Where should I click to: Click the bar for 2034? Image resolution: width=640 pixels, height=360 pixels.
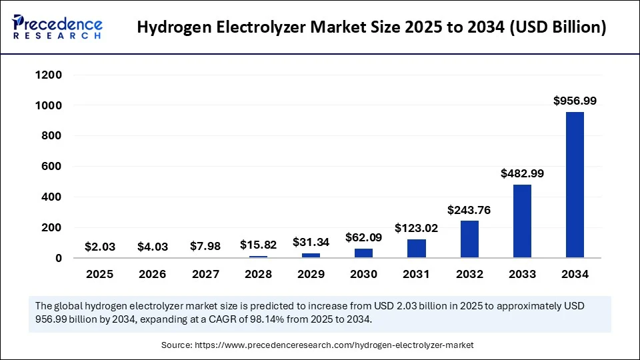[575, 185]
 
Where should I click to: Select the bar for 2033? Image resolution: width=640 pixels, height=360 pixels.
[522, 221]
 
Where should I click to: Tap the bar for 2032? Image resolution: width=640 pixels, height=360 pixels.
[469, 239]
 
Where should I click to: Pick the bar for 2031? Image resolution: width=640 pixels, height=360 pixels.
[417, 248]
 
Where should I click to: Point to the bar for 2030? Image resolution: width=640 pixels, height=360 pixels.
[363, 253]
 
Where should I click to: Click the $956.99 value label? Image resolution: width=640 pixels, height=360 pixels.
[575, 101]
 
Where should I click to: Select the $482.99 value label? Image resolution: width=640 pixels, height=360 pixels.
[522, 173]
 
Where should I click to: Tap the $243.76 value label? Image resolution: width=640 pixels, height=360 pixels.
[469, 209]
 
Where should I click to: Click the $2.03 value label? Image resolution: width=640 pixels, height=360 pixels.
[100, 247]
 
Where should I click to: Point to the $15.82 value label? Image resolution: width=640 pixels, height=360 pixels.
[258, 245]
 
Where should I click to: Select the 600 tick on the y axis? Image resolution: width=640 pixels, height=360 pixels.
[51, 167]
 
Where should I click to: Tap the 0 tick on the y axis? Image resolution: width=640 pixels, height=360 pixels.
[59, 258]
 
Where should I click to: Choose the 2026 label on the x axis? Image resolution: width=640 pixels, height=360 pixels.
[153, 274]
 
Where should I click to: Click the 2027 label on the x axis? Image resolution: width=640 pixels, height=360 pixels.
[205, 274]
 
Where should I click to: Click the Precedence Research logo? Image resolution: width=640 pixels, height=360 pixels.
[57, 27]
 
